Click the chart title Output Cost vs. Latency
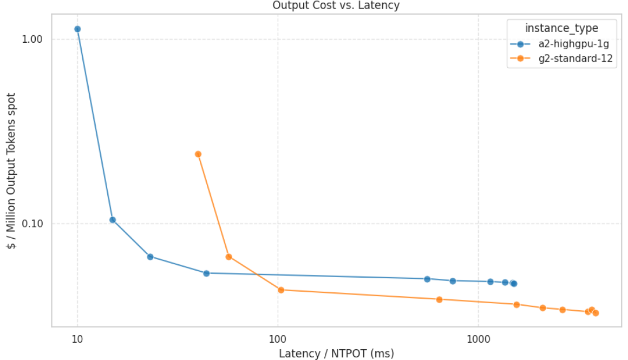pyautogui.click(x=335, y=5)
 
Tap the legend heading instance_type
pyautogui.click(x=561, y=28)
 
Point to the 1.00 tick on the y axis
pyautogui.click(x=32, y=40)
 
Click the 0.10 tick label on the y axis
pyautogui.click(x=32, y=224)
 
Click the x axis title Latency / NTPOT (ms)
pyautogui.click(x=336, y=354)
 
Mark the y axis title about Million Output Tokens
pyautogui.click(x=10, y=171)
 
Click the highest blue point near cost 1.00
pyautogui.click(x=77, y=29)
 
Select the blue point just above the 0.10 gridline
pyautogui.click(x=113, y=220)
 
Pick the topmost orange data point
pyautogui.click(x=198, y=154)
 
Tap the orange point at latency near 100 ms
pyautogui.click(x=281, y=290)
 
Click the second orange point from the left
pyautogui.click(x=228, y=257)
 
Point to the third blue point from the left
pyautogui.click(x=151, y=257)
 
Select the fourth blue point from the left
pyautogui.click(x=206, y=273)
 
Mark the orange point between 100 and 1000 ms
pyautogui.click(x=440, y=299)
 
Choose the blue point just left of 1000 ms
pyautogui.click(x=453, y=280)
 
